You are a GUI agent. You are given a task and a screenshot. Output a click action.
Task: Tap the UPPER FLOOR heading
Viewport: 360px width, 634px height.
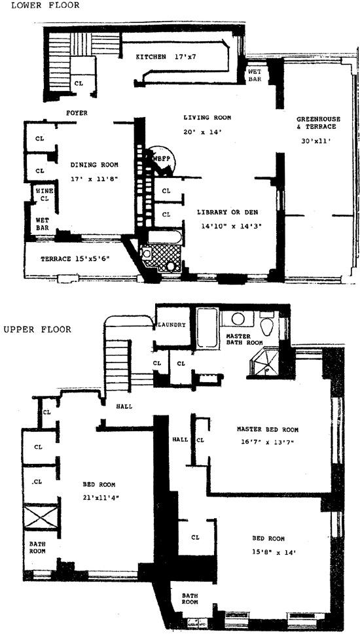click(x=37, y=329)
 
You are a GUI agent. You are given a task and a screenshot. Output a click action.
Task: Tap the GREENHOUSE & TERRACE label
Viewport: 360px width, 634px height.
click(x=317, y=123)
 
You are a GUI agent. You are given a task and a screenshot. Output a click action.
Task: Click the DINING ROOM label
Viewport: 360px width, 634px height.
click(x=94, y=164)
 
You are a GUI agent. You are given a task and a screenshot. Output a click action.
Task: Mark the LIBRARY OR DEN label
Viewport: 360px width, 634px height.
click(x=225, y=213)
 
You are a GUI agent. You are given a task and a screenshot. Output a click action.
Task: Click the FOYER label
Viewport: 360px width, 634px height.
click(x=77, y=113)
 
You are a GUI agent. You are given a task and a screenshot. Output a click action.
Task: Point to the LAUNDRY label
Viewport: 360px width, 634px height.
click(x=171, y=325)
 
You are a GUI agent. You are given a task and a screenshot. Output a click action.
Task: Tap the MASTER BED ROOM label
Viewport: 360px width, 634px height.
click(x=267, y=430)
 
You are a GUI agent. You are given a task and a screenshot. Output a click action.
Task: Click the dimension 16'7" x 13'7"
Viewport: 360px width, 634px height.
click(x=267, y=442)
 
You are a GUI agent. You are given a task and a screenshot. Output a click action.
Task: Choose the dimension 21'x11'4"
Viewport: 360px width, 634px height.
click(x=99, y=497)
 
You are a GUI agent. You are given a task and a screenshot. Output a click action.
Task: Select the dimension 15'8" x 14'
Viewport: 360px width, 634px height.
click(x=268, y=552)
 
